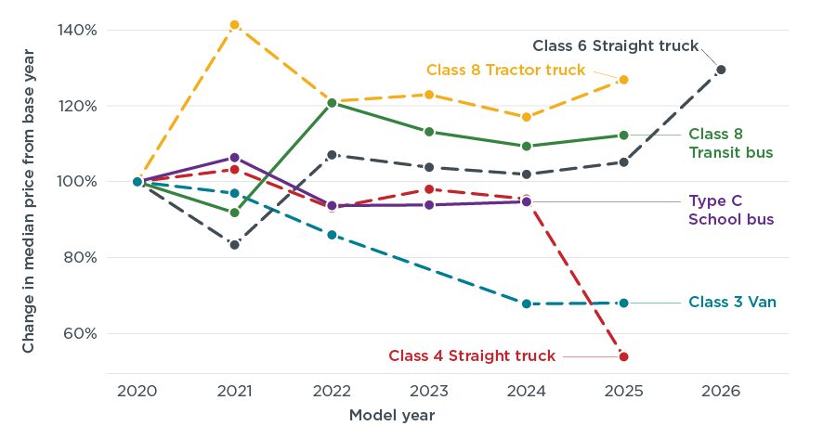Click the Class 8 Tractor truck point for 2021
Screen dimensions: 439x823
(x=234, y=25)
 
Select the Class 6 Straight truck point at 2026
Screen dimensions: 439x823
(x=721, y=70)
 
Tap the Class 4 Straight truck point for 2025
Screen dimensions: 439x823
(x=623, y=356)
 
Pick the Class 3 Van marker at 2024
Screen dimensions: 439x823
(x=526, y=303)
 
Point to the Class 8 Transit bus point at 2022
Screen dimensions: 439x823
(x=332, y=103)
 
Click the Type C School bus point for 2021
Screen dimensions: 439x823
(x=234, y=158)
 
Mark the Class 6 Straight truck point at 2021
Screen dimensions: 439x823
(x=234, y=245)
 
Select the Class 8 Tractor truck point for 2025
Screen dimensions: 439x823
(x=623, y=80)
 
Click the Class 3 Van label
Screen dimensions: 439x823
(x=732, y=302)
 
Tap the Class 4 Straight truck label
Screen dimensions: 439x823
(x=472, y=355)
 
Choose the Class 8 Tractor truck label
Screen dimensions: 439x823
(x=506, y=70)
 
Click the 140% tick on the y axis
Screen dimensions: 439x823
(x=79, y=30)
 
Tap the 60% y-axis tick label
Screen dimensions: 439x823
(x=82, y=333)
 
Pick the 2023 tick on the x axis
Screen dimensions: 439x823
(x=429, y=391)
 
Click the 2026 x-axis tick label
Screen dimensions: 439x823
(x=721, y=391)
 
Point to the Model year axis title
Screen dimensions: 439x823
(x=391, y=415)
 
